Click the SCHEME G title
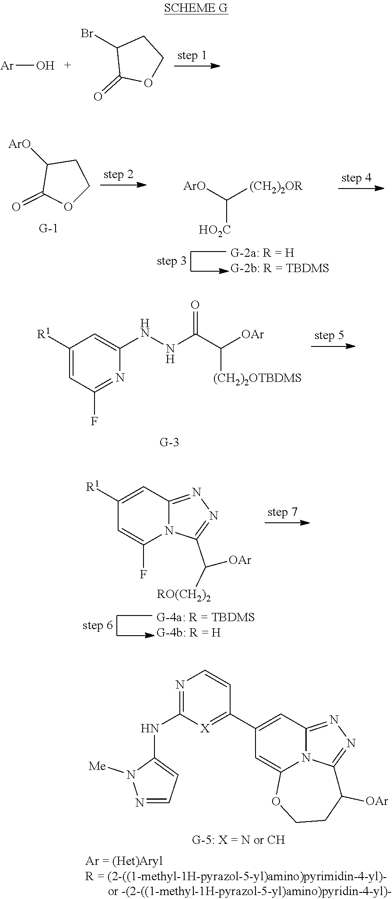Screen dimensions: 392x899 pos(196,8)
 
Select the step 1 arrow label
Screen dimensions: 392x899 pos(192,56)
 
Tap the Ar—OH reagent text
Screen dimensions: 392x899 pos(28,66)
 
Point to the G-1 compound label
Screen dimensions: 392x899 pos(48,228)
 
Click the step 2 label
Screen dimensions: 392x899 pos(118,175)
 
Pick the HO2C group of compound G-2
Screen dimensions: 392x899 pos(215,230)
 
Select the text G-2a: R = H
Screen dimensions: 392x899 pos(262,252)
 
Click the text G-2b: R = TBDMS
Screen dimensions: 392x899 pos(279,268)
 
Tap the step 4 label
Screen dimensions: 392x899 pos(356,178)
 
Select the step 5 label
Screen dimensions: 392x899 pos(329,335)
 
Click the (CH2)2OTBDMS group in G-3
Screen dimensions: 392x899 pos(257,378)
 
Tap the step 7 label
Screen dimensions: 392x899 pos(283,512)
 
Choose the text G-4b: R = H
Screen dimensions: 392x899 pos(189,633)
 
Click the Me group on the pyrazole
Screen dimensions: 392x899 pos(98,766)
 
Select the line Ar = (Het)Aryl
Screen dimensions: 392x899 pos(124,861)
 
